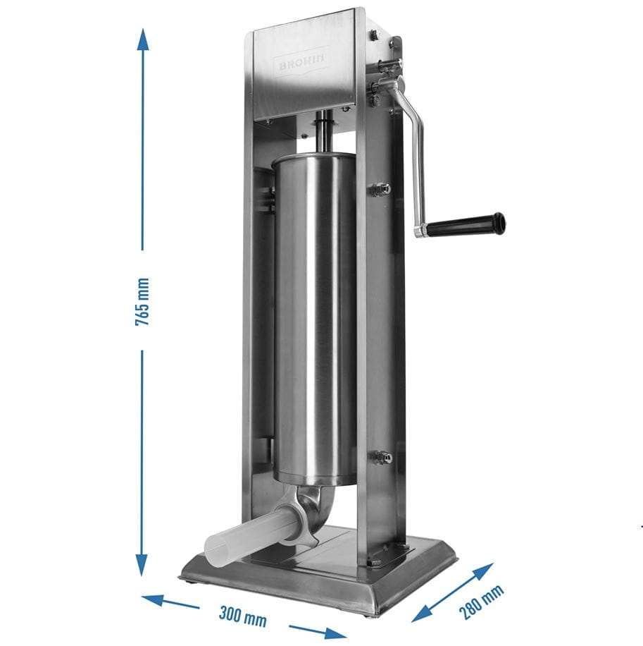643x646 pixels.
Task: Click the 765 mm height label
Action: (x=142, y=302)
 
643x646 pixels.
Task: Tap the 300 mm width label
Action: (x=243, y=617)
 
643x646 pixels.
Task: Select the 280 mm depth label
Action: (x=481, y=602)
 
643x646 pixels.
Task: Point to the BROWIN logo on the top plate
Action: (x=301, y=61)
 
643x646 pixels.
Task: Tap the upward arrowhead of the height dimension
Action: (x=143, y=39)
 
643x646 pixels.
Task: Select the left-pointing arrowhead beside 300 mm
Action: (x=153, y=600)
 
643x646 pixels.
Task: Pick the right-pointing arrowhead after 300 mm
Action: (x=335, y=633)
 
